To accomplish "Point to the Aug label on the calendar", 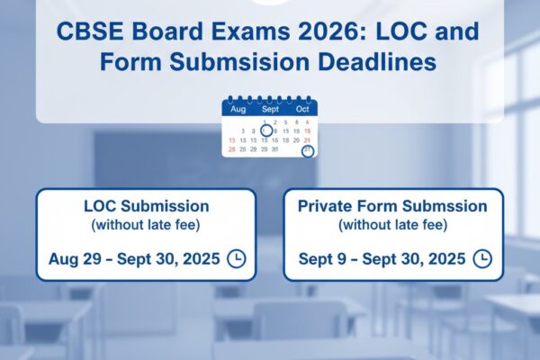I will point(238,109).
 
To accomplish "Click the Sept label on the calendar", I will point(270,109).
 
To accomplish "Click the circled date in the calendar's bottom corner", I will point(308,150).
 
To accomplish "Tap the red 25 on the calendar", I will point(232,149).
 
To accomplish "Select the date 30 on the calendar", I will point(274,149).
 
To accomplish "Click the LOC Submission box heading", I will point(146,206).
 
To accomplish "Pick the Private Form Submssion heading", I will point(392,206).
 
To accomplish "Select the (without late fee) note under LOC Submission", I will point(146,225).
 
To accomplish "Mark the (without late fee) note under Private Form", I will point(392,225).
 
